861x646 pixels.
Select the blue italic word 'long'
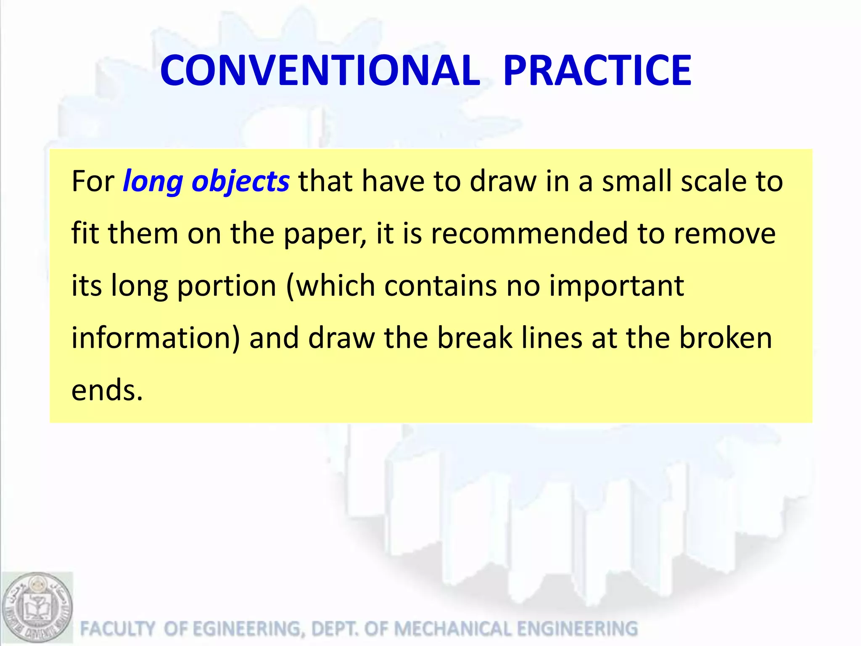click(x=153, y=182)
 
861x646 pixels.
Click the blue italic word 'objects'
click(x=240, y=182)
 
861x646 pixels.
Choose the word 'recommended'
click(x=530, y=233)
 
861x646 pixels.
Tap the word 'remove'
click(x=725, y=233)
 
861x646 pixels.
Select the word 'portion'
click(x=227, y=286)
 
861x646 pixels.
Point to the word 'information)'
click(x=156, y=339)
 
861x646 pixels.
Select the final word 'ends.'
click(x=107, y=390)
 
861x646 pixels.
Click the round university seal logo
click(x=37, y=608)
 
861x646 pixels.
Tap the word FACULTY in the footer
click(x=118, y=629)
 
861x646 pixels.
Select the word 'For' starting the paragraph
click(x=93, y=182)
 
